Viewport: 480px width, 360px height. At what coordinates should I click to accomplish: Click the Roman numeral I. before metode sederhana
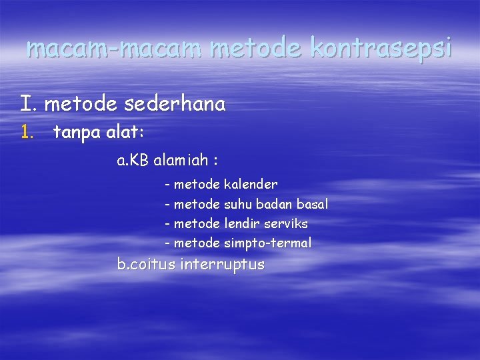(29, 104)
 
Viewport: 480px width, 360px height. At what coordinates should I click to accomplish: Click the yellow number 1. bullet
(27, 132)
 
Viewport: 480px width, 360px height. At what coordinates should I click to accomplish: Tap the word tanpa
(75, 132)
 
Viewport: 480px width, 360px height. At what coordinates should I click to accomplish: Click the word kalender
(251, 184)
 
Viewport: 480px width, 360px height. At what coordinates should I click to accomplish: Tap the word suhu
(238, 204)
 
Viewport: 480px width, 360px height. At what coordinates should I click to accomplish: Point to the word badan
(273, 204)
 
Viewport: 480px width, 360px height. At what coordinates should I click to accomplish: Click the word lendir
(242, 223)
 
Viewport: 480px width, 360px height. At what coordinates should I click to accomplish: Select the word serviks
(286, 223)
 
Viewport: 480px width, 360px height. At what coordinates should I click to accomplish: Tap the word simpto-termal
(267, 243)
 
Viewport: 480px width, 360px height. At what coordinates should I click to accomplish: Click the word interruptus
(222, 264)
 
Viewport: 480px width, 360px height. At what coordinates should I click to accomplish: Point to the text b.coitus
(146, 264)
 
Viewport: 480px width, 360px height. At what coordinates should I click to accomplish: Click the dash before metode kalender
(167, 184)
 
